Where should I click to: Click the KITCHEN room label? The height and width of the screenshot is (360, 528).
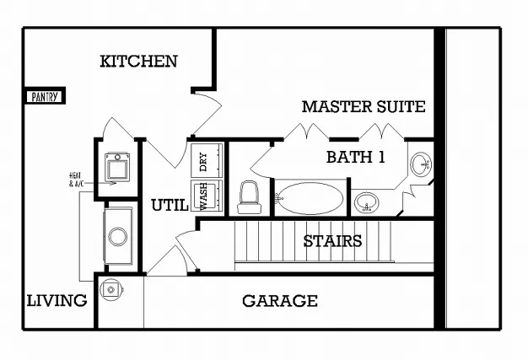click(138, 61)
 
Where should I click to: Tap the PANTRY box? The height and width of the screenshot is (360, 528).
click(45, 97)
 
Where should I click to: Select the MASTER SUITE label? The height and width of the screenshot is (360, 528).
click(363, 107)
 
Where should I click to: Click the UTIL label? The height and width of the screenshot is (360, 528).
click(169, 205)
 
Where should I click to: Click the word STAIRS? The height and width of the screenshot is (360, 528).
click(332, 241)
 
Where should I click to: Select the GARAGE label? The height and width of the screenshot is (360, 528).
click(280, 301)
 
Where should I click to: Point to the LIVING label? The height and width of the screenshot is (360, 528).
click(57, 300)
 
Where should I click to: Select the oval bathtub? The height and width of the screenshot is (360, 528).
click(310, 199)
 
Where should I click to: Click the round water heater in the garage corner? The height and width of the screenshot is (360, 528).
click(111, 290)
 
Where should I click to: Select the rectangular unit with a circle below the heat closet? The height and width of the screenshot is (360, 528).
click(118, 234)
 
